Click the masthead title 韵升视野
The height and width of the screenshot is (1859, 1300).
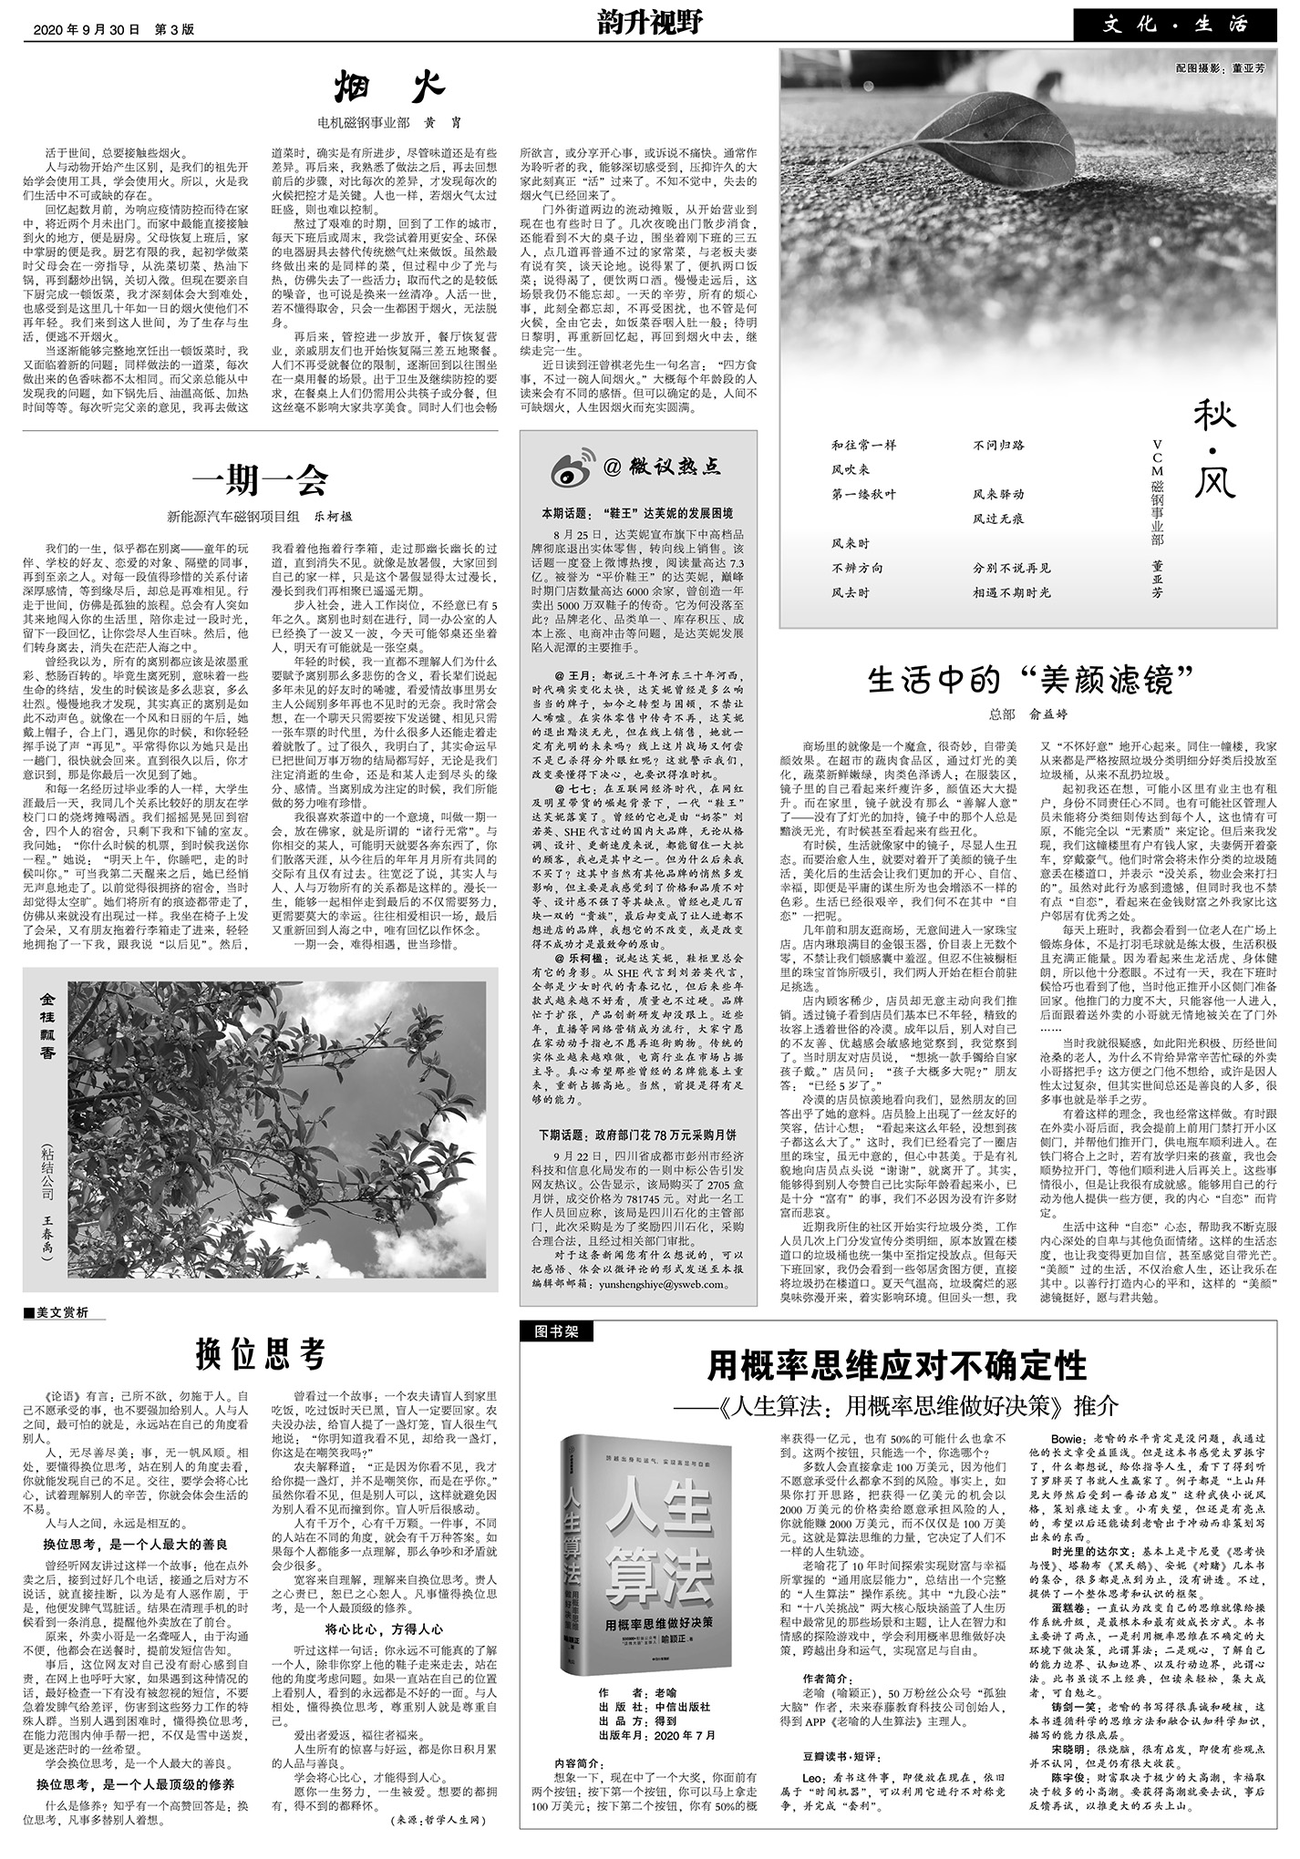650,22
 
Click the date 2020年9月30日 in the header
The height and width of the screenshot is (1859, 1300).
87,28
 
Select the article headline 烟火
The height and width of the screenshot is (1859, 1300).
388,87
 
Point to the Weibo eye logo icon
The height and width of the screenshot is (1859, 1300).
573,467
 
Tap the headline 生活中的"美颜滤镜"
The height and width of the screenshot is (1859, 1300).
1031,680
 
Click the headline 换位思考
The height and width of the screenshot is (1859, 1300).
260,1354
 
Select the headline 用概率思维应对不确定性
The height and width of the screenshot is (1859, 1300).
898,1365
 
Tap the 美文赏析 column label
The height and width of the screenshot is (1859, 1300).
63,1313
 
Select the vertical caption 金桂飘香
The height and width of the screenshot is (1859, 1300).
47,1024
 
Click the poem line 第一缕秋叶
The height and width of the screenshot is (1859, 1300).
863,494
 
